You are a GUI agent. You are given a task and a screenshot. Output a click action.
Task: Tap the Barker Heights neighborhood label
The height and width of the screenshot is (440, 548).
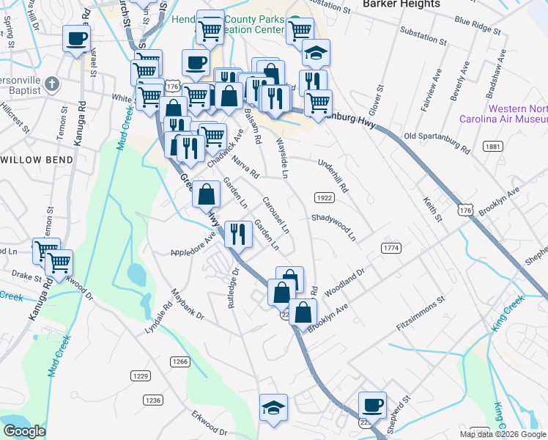(401, 4)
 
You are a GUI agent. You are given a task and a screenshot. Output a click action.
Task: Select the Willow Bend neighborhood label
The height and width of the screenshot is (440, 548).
(37, 159)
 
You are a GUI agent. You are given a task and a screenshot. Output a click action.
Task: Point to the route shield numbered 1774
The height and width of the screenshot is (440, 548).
(391, 249)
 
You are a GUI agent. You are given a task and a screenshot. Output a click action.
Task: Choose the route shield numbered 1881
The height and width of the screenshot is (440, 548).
(492, 147)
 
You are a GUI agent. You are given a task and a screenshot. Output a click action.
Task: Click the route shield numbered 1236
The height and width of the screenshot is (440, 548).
(152, 400)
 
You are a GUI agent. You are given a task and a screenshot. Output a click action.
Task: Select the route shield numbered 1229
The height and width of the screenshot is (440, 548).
(141, 375)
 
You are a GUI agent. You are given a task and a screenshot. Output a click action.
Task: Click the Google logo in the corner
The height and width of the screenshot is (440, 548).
(24, 432)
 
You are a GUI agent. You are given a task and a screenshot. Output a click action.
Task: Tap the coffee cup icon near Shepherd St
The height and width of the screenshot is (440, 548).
(372, 404)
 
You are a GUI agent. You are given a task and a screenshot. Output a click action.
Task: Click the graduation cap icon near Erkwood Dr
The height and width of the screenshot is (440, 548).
(273, 407)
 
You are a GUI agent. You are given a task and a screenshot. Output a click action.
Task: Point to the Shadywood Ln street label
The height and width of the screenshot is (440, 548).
(333, 227)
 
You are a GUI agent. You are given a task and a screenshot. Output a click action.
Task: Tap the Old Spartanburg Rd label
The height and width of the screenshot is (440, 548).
(437, 142)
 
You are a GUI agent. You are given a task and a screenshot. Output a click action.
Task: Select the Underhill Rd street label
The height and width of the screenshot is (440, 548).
(333, 174)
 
